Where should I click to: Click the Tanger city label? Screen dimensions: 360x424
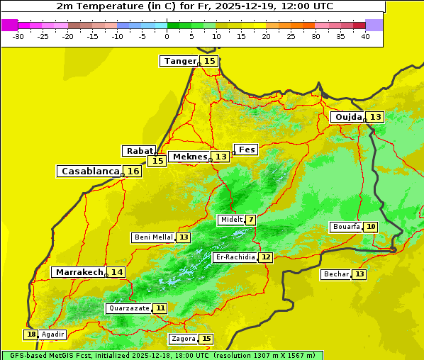point(179,61)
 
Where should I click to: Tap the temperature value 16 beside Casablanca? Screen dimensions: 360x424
point(133,171)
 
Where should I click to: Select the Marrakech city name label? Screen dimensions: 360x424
point(79,272)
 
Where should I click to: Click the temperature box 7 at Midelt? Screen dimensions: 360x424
point(251,220)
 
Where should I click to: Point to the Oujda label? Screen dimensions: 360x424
point(348,117)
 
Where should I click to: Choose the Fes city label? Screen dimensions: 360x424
point(247,150)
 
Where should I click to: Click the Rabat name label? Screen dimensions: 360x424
point(139,151)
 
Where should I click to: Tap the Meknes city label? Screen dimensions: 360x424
point(190,157)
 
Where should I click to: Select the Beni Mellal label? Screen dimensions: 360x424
point(152,237)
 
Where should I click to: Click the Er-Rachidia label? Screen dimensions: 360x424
point(235,257)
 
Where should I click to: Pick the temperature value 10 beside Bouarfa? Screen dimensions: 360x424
point(371,227)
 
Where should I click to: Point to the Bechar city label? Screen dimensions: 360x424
point(336,274)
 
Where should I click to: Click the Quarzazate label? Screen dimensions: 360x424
point(128,308)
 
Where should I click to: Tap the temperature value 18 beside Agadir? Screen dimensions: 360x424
point(30,334)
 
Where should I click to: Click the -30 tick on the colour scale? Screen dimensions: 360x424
point(18,36)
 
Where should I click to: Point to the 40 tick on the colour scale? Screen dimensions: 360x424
point(365,36)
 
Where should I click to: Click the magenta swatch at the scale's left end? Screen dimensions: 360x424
point(10,25)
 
